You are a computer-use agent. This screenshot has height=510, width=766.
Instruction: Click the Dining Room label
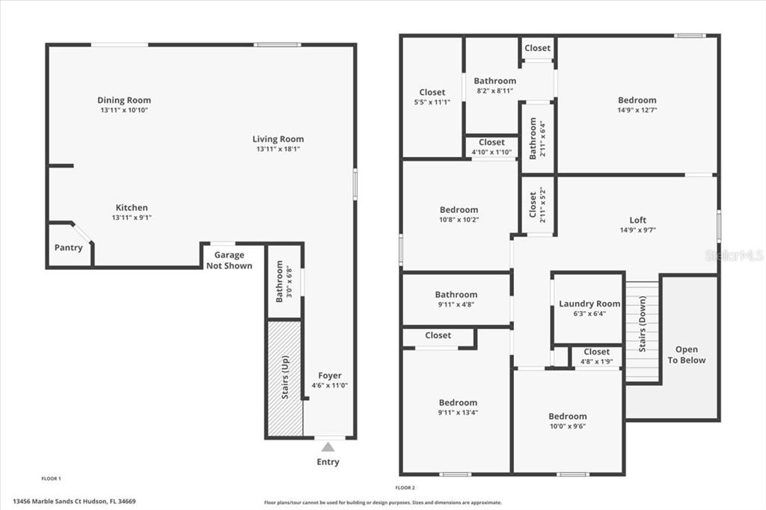point(124,100)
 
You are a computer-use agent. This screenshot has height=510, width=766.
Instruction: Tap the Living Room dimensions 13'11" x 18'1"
point(278,149)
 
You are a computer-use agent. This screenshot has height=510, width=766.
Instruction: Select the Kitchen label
point(132,208)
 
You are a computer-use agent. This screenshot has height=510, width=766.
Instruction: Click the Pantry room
point(70,245)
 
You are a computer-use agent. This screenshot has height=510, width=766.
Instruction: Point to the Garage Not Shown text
point(229,260)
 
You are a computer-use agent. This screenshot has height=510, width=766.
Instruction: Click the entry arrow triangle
point(328,447)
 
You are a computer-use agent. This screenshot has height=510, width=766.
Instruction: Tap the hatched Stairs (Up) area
point(284,378)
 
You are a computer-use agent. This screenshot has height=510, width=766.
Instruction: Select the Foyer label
point(330,375)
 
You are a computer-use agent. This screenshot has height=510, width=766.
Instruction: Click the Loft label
point(637,220)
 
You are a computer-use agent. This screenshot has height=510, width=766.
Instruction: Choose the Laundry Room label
point(589,304)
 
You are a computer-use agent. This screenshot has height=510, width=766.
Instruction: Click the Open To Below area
point(689,347)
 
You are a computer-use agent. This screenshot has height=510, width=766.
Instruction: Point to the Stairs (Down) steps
point(642,331)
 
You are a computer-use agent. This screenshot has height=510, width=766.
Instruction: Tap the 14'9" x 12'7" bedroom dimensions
point(637,110)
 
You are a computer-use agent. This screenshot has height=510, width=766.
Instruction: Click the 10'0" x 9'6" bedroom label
point(567,417)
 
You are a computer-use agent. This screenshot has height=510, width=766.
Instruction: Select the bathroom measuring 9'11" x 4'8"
point(456,299)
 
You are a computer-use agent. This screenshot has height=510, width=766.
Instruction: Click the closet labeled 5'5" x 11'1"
point(432,98)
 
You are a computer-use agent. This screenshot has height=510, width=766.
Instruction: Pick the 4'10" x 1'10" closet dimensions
point(491,153)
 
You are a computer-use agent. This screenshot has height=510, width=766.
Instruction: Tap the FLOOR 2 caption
point(405,488)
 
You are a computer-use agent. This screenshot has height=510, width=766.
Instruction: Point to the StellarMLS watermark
point(735,255)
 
